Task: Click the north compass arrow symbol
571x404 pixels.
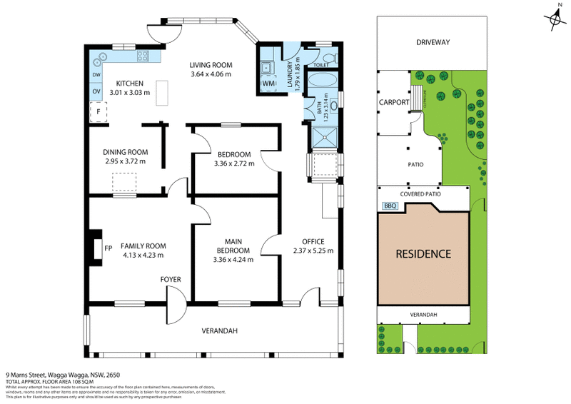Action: [x=555, y=19]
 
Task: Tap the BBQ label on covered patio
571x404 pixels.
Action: [x=390, y=206]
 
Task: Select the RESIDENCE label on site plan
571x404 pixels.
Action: [x=424, y=253]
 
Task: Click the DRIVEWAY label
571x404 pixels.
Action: [x=433, y=42]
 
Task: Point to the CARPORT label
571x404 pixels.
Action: [x=393, y=102]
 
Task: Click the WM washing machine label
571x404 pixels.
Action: [x=268, y=84]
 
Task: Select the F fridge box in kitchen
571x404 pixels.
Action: [x=98, y=112]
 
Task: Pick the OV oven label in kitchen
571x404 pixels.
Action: [x=96, y=91]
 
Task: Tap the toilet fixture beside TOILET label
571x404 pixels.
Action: [x=328, y=58]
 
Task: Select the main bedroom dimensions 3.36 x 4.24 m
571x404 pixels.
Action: [x=233, y=259]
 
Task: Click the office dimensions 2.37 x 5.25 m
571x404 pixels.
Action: [x=313, y=251]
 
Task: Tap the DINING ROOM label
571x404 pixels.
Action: [x=125, y=151]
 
